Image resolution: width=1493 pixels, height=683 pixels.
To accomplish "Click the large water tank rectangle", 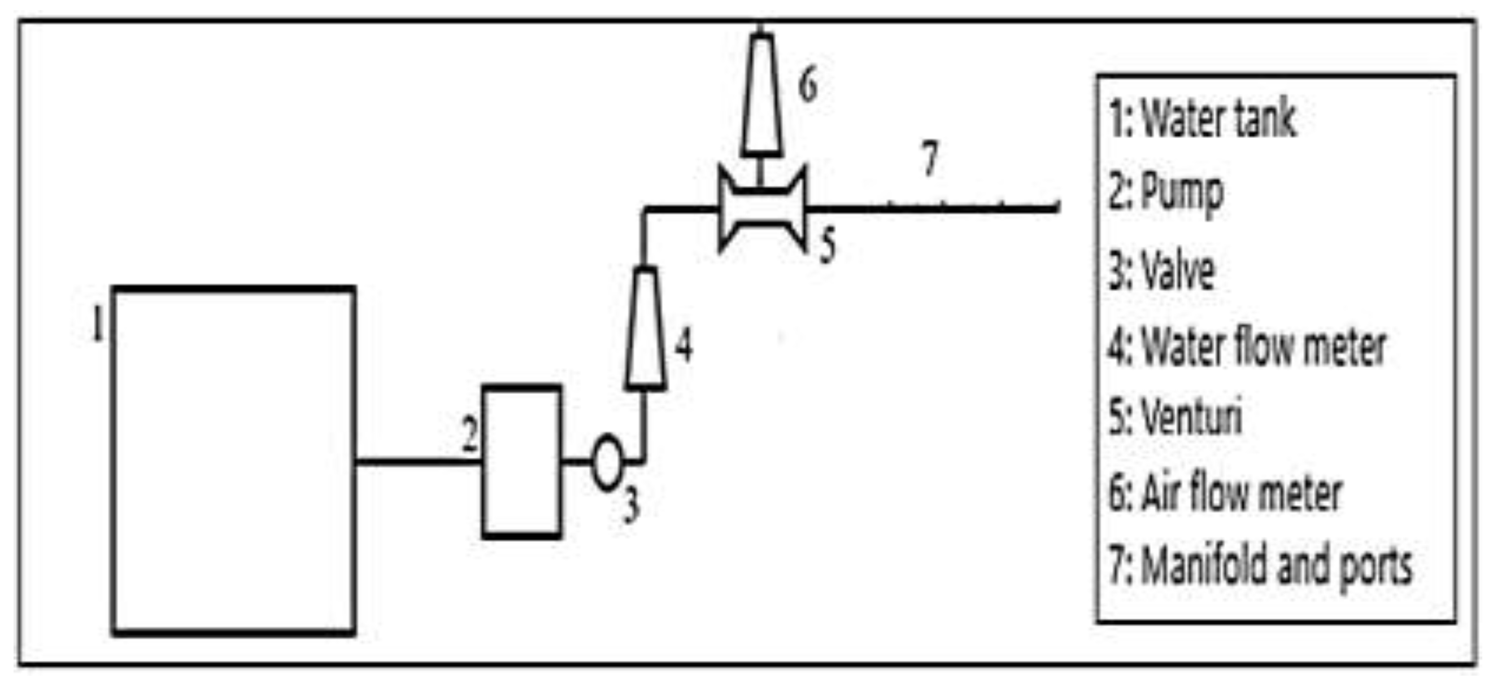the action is coord(114,461).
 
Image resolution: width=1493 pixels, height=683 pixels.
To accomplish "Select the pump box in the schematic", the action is coord(484,462).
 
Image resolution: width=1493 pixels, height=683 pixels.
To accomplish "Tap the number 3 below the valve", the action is coord(631,505).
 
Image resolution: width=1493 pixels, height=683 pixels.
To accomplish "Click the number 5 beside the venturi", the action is coord(828,245).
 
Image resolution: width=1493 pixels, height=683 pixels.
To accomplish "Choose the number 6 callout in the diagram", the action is coord(808,85).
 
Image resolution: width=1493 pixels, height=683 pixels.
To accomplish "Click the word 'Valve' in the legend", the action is coord(1178,270).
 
